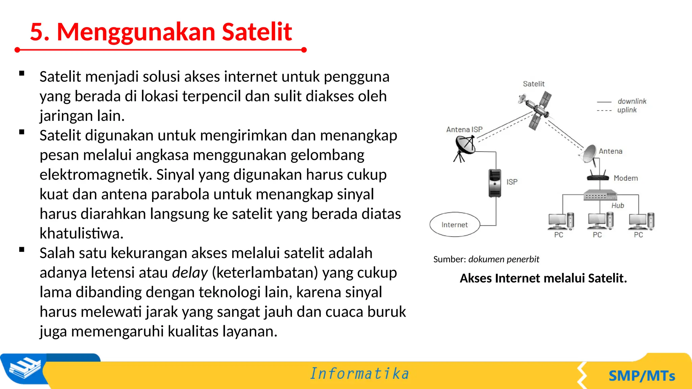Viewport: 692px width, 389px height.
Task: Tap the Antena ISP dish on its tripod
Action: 465,147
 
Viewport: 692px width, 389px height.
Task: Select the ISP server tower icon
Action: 495,183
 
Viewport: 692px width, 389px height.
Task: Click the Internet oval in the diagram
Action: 454,225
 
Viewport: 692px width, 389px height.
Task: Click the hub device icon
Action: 600,196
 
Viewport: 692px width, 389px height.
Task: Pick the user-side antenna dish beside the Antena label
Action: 589,154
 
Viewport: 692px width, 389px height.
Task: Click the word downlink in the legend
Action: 632,101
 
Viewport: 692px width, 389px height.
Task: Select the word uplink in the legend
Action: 627,110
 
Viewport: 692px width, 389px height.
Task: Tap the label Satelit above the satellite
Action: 534,84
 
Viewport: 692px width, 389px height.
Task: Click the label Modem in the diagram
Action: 626,178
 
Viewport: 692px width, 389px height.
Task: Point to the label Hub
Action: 618,205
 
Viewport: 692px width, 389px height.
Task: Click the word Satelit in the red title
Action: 257,32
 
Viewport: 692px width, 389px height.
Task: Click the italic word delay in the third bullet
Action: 190,273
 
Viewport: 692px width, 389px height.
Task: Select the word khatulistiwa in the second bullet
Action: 81,233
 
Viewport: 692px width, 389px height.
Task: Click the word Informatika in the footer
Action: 360,374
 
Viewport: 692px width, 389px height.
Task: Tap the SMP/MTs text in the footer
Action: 642,376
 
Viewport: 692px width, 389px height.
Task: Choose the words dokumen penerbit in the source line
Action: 503,259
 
